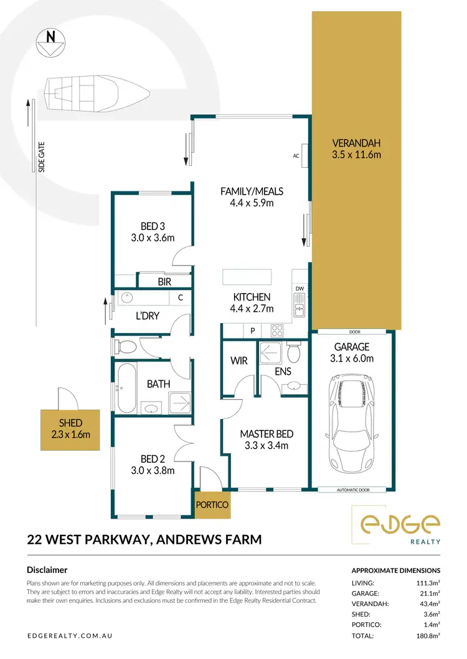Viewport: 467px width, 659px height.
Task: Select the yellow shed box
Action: tap(70, 429)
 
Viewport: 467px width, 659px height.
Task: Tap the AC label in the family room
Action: tap(296, 156)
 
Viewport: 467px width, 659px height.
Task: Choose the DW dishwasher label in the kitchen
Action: tap(300, 289)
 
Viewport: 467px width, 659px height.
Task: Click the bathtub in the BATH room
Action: tap(126, 388)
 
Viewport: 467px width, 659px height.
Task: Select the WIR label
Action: tap(238, 360)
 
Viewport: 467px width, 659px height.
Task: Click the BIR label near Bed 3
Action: tap(164, 282)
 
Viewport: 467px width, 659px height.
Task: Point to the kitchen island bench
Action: tap(247, 276)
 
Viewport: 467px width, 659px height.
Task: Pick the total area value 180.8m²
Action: tap(428, 636)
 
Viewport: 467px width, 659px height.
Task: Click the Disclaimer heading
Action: tap(47, 570)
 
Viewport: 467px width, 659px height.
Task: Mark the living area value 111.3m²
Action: tap(428, 582)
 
